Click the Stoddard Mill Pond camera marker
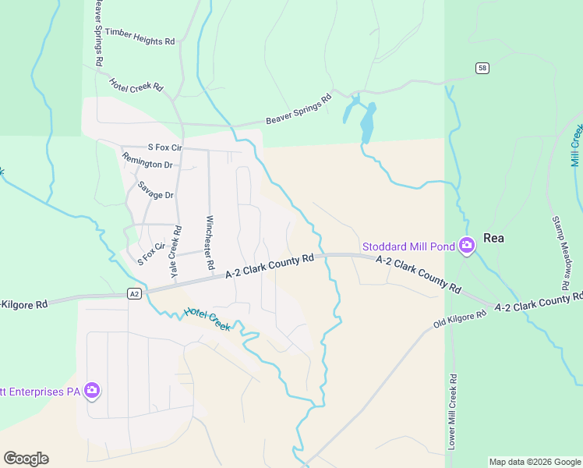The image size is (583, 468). coord(466,246)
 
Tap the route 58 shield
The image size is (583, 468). coord(483,69)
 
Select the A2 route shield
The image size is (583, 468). coord(135,293)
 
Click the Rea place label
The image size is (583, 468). coord(494,239)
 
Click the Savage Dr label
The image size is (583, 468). coord(155,190)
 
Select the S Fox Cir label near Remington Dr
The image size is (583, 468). coord(164,147)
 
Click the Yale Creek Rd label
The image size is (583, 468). coord(175,253)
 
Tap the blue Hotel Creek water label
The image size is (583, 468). coord(207,318)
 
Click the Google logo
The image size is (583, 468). coord(26,459)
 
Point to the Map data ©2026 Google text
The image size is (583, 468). coord(535,462)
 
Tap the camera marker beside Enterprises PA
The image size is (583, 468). coord(92,390)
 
